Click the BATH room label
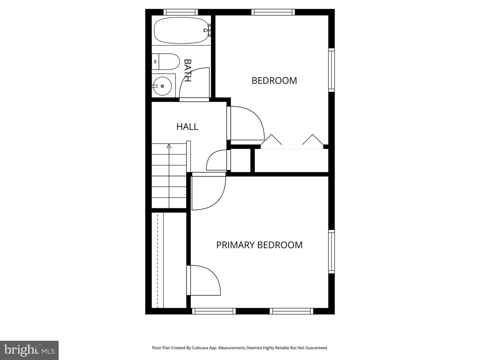pyautogui.click(x=188, y=70)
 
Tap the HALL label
pyautogui.click(x=187, y=127)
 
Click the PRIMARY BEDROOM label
pyautogui.click(x=259, y=245)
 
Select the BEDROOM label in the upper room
pyautogui.click(x=274, y=81)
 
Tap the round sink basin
pyautogui.click(x=162, y=86)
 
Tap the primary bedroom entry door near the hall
pyautogui.click(x=208, y=192)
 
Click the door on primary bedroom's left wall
pyautogui.click(x=203, y=280)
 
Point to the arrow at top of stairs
pyautogui.click(x=169, y=146)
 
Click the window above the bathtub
pyautogui.click(x=181, y=12)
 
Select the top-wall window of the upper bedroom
pyautogui.click(x=273, y=12)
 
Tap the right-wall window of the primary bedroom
pyautogui.click(x=331, y=252)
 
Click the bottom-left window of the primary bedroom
pyautogui.click(x=214, y=311)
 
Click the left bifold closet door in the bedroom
pyautogui.click(x=272, y=140)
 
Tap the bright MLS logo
pyautogui.click(x=29, y=350)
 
